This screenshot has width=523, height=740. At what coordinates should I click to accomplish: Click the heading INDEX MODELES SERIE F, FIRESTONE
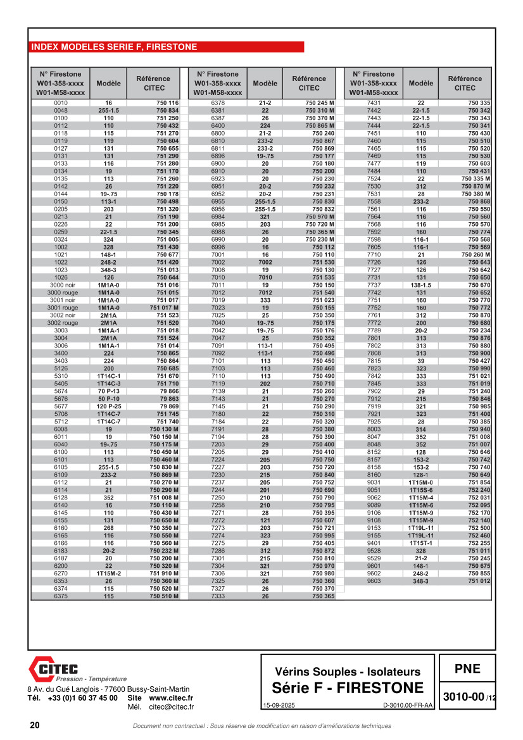tap(114, 47)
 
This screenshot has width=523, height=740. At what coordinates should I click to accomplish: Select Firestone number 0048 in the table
tap(61, 110)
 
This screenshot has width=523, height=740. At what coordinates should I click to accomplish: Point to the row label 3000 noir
tap(61, 285)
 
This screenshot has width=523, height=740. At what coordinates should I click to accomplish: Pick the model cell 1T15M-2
tap(108, 574)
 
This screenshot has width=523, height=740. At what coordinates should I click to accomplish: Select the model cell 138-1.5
tap(421, 285)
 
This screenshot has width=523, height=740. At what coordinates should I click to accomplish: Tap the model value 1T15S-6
tap(421, 490)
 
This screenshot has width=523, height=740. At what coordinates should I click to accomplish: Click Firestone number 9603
tap(374, 580)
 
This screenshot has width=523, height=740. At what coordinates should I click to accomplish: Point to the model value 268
tap(108, 527)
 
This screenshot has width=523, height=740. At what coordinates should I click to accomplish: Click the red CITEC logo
tap(53, 668)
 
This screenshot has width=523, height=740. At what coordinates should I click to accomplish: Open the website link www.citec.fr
tap(171, 698)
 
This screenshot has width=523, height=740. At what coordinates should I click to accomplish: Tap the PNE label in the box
tap(467, 668)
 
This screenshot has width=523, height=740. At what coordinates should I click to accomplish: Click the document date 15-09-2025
tap(278, 705)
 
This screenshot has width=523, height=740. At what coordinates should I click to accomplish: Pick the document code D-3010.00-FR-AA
tap(408, 705)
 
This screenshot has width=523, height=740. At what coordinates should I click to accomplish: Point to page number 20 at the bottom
tap(34, 725)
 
